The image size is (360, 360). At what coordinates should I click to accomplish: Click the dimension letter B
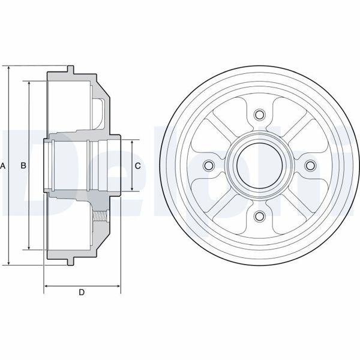pyautogui.click(x=23, y=165)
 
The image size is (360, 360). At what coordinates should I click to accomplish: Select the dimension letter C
pyautogui.click(x=137, y=166)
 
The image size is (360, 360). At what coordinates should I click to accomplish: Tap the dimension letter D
pyautogui.click(x=82, y=293)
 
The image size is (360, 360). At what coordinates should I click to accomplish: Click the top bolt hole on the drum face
pyautogui.click(x=259, y=115)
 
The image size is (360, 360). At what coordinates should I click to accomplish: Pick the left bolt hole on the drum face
pyautogui.click(x=209, y=166)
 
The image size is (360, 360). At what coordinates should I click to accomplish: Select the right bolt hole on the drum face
pyautogui.click(x=310, y=166)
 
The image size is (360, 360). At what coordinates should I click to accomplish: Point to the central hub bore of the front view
pyautogui.click(x=259, y=166)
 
